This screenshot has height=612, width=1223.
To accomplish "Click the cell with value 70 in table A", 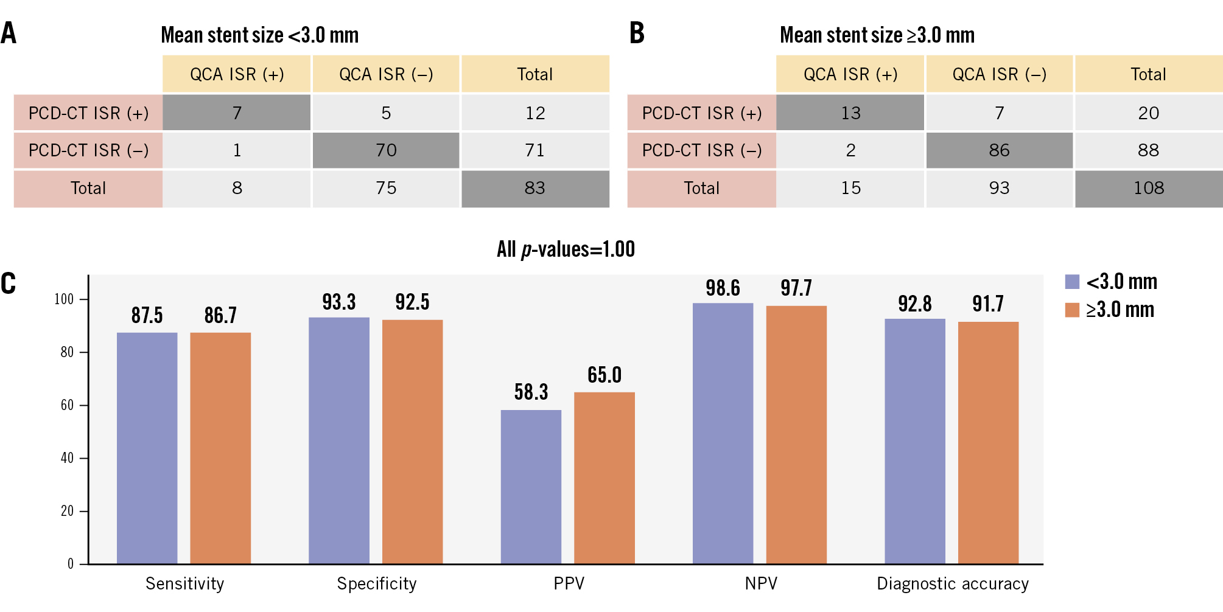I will click(386, 150).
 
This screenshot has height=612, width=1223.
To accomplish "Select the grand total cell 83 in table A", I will click(535, 188).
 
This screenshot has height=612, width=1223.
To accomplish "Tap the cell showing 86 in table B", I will click(999, 150).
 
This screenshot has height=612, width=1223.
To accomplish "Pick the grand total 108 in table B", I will click(1149, 188).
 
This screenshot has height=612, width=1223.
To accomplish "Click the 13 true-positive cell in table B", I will click(850, 113).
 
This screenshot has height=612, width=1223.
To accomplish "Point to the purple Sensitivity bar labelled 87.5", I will click(147, 448).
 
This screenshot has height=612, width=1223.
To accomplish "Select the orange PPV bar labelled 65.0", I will click(604, 478).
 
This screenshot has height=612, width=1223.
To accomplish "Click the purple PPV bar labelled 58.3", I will click(531, 487).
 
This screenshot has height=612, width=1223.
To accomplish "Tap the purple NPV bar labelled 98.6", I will click(723, 433).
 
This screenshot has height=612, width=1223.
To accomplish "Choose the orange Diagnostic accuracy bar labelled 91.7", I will click(988, 442).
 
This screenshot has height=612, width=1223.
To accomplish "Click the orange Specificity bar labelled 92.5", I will click(412, 441).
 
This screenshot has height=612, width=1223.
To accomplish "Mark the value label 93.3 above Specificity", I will click(339, 302).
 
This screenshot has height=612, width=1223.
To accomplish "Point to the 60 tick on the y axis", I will click(67, 405).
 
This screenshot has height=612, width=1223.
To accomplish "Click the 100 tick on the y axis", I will click(64, 299).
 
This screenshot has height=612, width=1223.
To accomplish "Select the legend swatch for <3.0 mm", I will click(1072, 282).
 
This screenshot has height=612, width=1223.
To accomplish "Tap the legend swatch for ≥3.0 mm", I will click(1072, 310).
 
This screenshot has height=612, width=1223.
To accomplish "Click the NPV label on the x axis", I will click(761, 584).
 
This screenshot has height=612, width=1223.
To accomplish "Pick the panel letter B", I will click(637, 33).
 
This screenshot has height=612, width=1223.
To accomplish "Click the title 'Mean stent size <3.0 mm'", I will click(260, 35).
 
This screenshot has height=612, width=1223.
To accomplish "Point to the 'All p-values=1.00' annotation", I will click(566, 249).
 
